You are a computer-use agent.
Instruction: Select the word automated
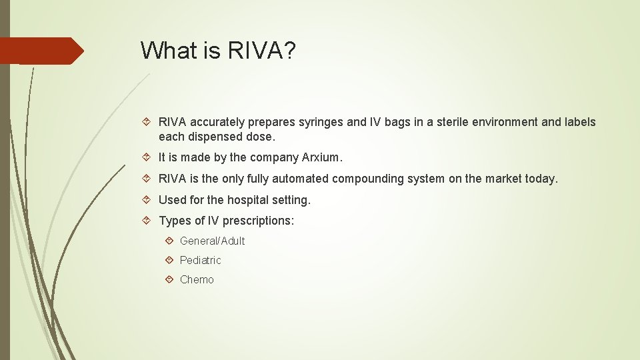pyautogui.click(x=297, y=179)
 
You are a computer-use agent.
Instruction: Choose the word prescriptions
pyautogui.click(x=257, y=221)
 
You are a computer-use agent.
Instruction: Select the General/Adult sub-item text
pyautogui.click(x=212, y=241)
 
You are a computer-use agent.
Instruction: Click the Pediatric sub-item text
pyautogui.click(x=200, y=260)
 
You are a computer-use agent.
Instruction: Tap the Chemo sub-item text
pyautogui.click(x=197, y=280)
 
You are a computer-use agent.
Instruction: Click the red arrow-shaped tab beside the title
pyautogui.click(x=40, y=51)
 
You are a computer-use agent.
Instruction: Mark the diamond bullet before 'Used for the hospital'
pyautogui.click(x=149, y=200)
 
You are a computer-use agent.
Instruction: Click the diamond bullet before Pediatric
pyautogui.click(x=170, y=260)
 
